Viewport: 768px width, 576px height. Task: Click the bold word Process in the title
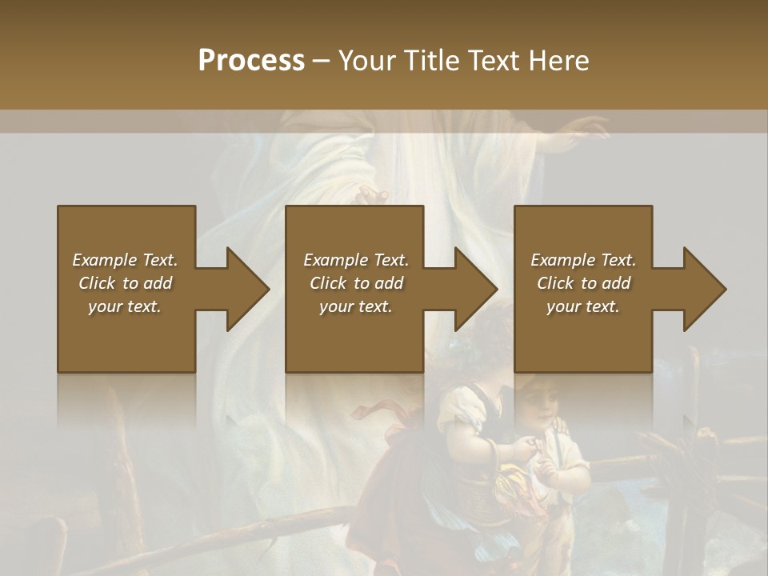(x=251, y=60)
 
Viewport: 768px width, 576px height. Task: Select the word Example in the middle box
(x=334, y=260)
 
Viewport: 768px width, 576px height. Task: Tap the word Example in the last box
(x=562, y=260)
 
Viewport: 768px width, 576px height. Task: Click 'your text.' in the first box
(x=125, y=306)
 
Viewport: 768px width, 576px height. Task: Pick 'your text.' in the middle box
(x=356, y=306)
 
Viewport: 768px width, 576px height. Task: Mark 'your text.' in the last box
(x=583, y=306)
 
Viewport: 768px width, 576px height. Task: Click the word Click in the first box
(x=97, y=283)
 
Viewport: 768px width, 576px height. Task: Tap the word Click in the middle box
(x=328, y=283)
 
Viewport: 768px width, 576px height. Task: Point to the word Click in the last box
(x=555, y=283)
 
